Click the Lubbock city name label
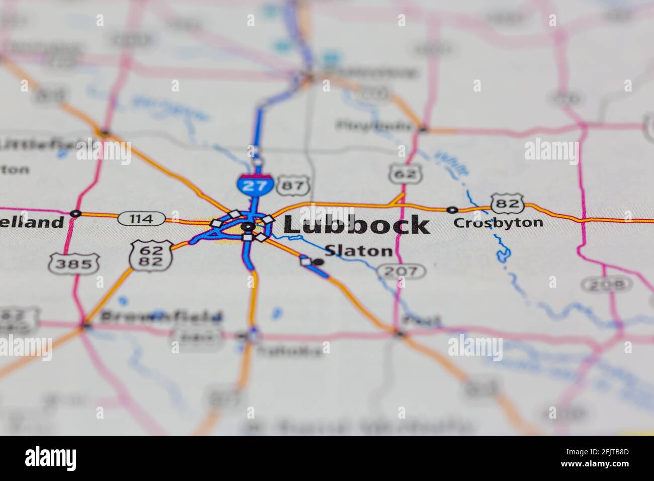356,225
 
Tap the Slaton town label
358,251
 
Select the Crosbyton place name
498,222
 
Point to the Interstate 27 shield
255,184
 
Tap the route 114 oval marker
142,219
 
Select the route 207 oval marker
401,272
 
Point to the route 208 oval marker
606,285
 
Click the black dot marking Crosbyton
452,210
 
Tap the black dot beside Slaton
318,262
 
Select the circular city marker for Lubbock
247,227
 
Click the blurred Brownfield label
161,317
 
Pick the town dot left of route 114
75,213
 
